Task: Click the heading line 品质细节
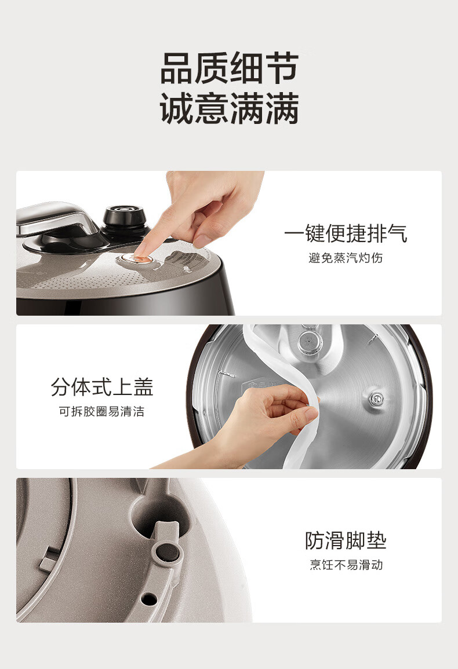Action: click(x=230, y=68)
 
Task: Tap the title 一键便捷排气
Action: click(x=346, y=233)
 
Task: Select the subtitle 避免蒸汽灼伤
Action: click(x=346, y=258)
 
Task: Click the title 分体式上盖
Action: click(x=101, y=387)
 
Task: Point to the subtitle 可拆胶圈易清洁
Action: click(x=101, y=411)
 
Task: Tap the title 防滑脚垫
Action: click(x=346, y=540)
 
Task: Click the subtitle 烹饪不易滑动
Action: click(x=346, y=565)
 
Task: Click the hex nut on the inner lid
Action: click(x=376, y=399)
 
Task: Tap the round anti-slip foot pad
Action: click(x=167, y=552)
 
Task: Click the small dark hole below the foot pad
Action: click(x=148, y=599)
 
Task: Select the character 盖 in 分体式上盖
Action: click(x=143, y=387)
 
